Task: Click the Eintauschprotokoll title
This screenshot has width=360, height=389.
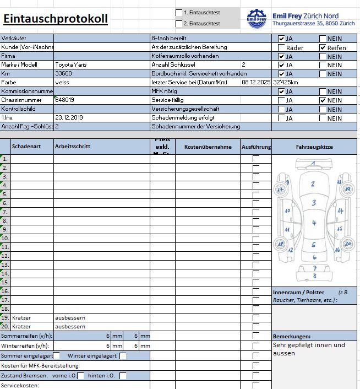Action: (x=55, y=19)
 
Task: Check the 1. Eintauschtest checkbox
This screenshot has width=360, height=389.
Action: (x=179, y=12)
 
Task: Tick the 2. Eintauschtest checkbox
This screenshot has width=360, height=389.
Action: (x=179, y=24)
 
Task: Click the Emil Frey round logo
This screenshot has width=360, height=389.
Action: (x=257, y=18)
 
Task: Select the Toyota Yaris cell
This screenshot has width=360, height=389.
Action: (x=71, y=65)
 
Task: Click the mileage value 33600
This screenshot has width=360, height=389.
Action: (x=63, y=74)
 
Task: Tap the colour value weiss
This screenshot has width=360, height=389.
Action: (x=62, y=83)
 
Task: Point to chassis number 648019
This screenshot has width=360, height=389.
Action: (x=65, y=100)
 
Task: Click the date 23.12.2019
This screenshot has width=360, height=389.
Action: (x=69, y=118)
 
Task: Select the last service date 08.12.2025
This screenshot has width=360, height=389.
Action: (x=256, y=83)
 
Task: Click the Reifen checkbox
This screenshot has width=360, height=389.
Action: (x=323, y=47)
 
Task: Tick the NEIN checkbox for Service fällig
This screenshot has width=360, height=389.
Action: (x=323, y=100)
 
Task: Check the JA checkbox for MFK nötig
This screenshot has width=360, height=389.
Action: (x=281, y=91)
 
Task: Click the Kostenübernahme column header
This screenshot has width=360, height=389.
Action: (x=208, y=147)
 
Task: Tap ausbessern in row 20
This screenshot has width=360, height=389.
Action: (x=70, y=327)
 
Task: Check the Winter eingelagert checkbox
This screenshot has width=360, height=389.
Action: (x=123, y=356)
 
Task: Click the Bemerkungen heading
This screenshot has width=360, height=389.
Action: (x=292, y=336)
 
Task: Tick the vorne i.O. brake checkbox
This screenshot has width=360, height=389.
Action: (x=81, y=376)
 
